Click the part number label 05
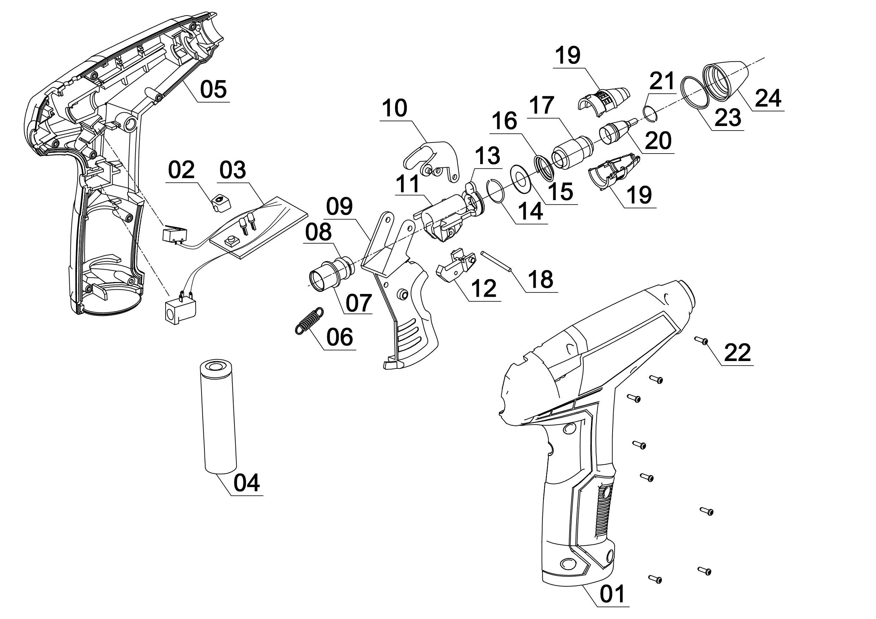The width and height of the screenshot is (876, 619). click(x=213, y=89)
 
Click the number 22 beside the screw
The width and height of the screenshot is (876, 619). click(x=737, y=352)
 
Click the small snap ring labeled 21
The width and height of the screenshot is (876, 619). click(x=649, y=113)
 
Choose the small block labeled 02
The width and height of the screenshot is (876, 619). click(x=221, y=202)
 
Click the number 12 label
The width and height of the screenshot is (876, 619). click(x=483, y=288)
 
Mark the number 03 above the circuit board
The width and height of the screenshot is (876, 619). click(x=233, y=170)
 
